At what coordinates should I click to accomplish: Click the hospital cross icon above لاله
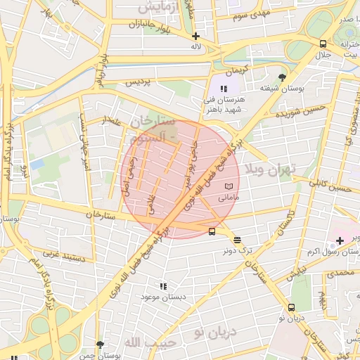point(195,36)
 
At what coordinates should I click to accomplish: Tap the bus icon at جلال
point(323,44)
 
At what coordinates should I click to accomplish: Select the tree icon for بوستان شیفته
point(283,77)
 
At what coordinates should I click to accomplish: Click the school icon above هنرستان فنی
point(224,89)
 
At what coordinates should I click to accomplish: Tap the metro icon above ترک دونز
point(237,239)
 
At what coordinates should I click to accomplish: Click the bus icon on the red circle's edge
point(212,231)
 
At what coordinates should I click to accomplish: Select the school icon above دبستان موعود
point(163,286)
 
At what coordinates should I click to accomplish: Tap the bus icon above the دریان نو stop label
point(291,307)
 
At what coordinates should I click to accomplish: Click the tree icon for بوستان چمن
point(99,345)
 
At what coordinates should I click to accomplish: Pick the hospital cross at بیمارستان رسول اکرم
point(340,241)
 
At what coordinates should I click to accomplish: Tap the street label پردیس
point(139,82)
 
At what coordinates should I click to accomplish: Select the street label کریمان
point(237,72)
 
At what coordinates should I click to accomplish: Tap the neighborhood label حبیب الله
point(143,342)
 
